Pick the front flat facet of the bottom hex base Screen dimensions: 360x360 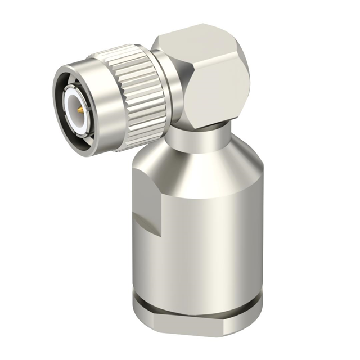(191, 332)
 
